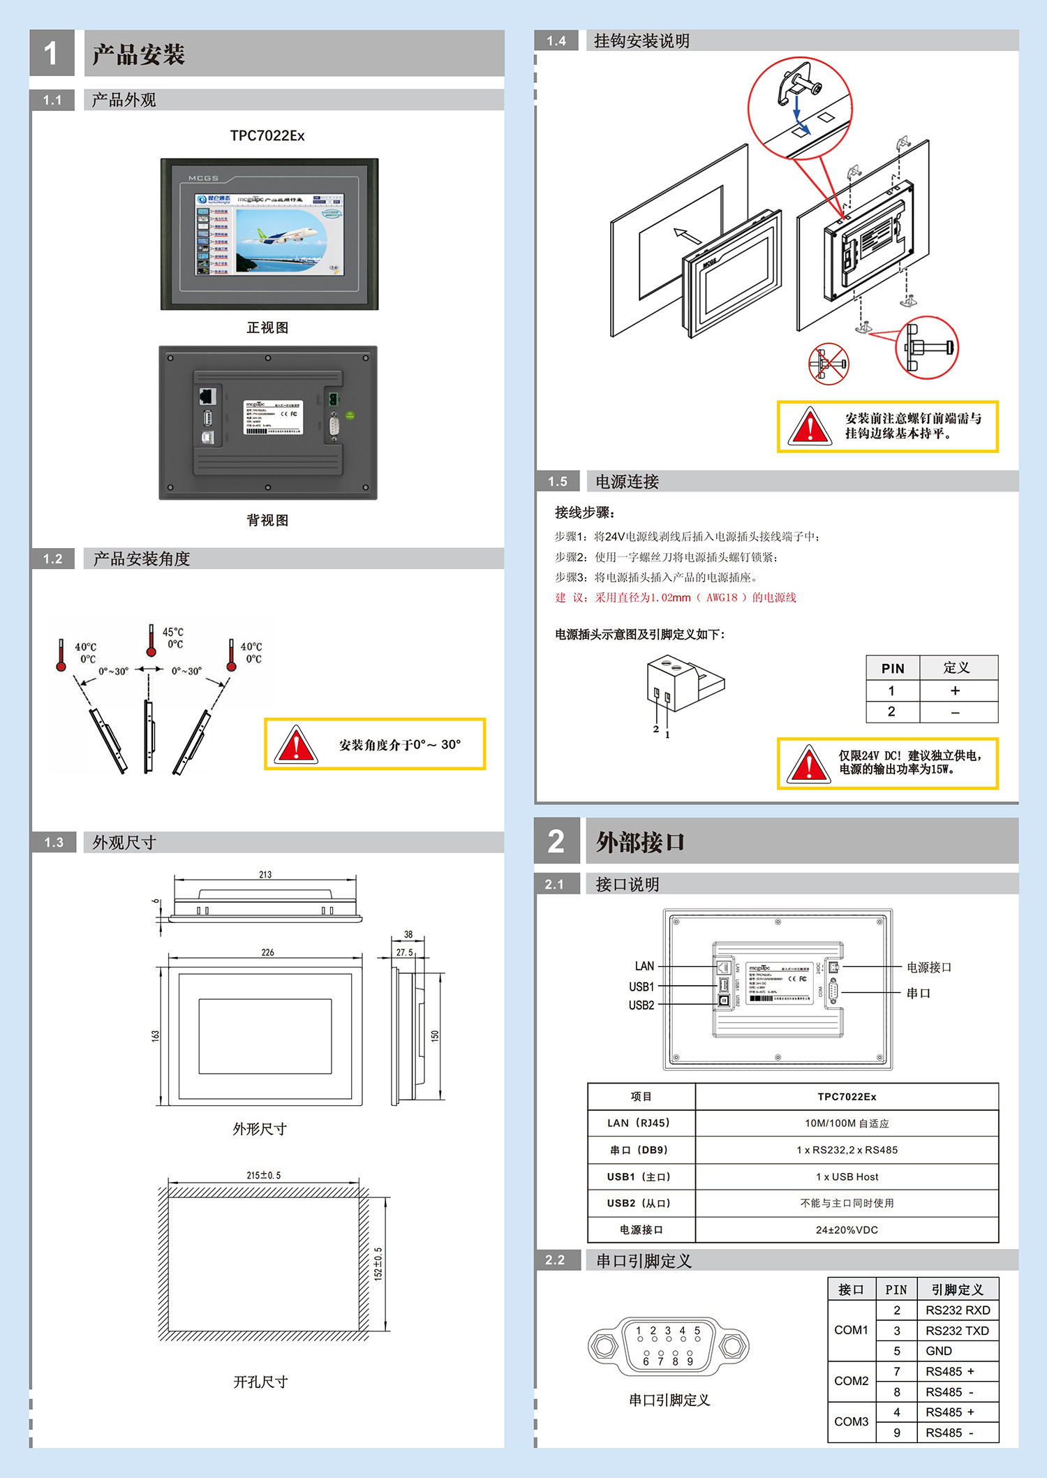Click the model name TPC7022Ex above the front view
tap(267, 135)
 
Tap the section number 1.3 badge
tap(54, 842)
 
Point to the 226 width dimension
tap(267, 952)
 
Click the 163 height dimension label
tap(155, 1035)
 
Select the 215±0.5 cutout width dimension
tap(263, 1175)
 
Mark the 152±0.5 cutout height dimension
tap(378, 1264)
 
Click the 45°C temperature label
tap(172, 632)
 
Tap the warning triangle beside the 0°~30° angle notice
tap(295, 744)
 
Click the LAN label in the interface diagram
tap(644, 966)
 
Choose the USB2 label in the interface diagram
tap(641, 1005)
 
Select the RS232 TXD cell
tap(957, 1331)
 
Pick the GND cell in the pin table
tap(939, 1351)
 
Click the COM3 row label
tap(851, 1421)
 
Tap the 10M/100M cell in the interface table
tap(847, 1123)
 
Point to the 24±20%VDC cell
tap(847, 1229)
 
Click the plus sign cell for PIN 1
tap(955, 690)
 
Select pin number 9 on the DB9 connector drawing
tap(690, 1361)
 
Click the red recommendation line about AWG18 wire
tap(676, 598)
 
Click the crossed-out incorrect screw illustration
tap(829, 363)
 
